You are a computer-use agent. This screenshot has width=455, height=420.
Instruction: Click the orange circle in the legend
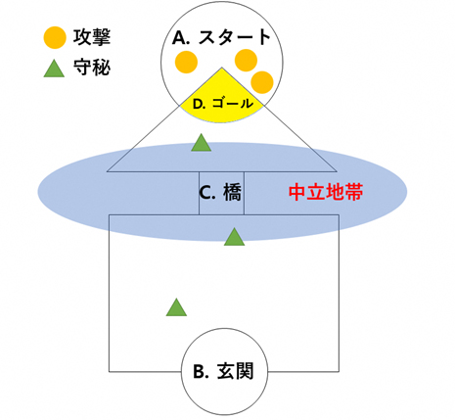click(55, 37)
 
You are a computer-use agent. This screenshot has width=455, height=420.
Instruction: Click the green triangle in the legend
click(54, 69)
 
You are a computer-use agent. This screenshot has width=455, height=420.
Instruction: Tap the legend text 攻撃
click(92, 37)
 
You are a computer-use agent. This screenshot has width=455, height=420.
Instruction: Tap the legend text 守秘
click(92, 68)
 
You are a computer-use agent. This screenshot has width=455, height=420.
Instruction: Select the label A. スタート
click(222, 37)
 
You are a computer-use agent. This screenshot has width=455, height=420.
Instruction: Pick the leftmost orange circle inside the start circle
click(186, 62)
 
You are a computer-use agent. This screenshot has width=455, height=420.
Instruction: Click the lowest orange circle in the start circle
click(262, 82)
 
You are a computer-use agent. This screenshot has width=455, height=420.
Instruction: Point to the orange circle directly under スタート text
click(246, 61)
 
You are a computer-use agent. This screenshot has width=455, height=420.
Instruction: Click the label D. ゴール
click(223, 104)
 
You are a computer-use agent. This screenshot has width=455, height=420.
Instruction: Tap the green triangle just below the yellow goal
click(202, 144)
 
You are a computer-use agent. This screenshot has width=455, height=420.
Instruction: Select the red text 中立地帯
click(326, 192)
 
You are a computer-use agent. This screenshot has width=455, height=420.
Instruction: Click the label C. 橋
click(220, 193)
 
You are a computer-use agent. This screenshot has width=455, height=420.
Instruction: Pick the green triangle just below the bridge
click(234, 238)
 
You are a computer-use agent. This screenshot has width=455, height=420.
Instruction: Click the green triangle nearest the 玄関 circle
click(176, 308)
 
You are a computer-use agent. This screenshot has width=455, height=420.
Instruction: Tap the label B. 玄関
click(223, 371)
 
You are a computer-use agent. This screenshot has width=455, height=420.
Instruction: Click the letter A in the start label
click(179, 38)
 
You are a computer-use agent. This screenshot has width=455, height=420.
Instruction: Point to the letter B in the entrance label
click(199, 372)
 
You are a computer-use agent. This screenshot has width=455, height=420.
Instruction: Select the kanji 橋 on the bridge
click(233, 193)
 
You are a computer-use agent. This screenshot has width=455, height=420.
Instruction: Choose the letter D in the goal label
click(199, 105)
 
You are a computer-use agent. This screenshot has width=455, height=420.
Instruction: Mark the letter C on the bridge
click(205, 193)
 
